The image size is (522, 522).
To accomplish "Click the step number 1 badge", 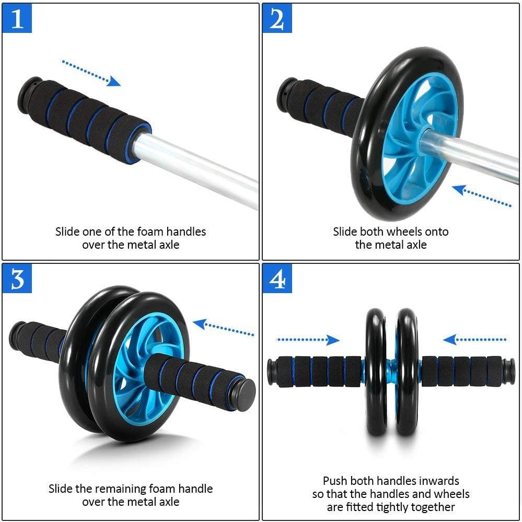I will tap(17, 19).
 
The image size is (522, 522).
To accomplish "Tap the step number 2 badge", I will tap(277, 19).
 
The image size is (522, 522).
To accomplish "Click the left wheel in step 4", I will tap(375, 372).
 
